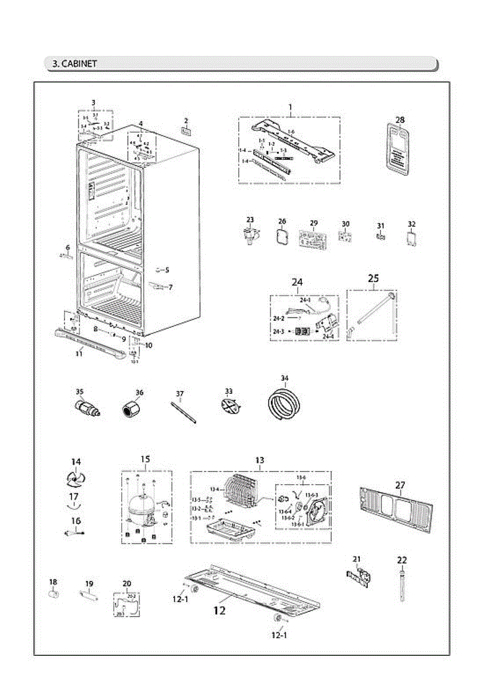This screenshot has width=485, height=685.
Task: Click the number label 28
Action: pyautogui.click(x=400, y=120)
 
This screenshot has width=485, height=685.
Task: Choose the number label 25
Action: pyautogui.click(x=373, y=279)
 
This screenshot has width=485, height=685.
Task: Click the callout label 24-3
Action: pyautogui.click(x=278, y=332)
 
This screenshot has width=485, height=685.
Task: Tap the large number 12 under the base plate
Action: pyautogui.click(x=219, y=611)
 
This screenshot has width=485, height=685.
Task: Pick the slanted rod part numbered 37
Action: pyautogui.click(x=183, y=413)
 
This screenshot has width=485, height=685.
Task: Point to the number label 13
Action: pyautogui.click(x=260, y=460)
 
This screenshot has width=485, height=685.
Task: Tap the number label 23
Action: pyautogui.click(x=250, y=220)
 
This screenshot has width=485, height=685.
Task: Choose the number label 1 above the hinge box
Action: pyautogui.click(x=290, y=107)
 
